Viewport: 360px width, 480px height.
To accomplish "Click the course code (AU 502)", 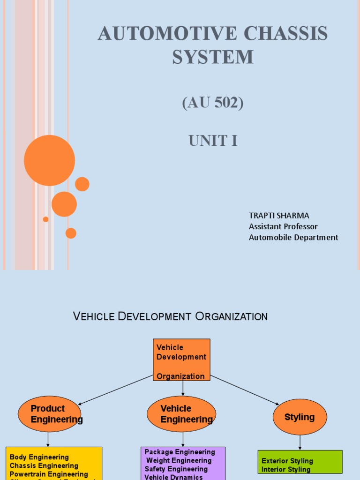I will [213, 103].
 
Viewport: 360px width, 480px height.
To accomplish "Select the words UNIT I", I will [213, 140].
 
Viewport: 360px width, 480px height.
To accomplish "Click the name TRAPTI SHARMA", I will [279, 216].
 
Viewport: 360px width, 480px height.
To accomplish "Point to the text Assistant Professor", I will [283, 226].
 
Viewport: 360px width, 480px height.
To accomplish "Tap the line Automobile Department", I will [293, 237].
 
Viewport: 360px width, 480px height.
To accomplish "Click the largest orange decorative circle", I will [49, 160].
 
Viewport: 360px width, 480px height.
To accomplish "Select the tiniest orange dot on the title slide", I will [45, 219].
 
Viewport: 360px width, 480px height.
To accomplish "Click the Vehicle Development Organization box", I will [181, 360].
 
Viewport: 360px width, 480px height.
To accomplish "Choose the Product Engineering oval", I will [49, 414].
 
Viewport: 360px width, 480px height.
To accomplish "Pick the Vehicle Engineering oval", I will [181, 414].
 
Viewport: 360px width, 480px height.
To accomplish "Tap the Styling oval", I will [300, 417].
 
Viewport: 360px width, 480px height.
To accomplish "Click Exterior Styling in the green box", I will [287, 461].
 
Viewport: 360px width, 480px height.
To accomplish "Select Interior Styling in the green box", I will [286, 469].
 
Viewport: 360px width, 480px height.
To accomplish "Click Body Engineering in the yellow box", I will [39, 457].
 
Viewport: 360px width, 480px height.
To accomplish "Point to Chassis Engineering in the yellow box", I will [44, 465].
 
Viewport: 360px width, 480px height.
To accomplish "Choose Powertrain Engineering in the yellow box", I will [49, 474].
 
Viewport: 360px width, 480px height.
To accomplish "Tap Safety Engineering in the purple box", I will [176, 469].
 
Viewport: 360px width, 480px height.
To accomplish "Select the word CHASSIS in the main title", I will [285, 34].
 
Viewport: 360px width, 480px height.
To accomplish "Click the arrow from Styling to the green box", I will [300, 442].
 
